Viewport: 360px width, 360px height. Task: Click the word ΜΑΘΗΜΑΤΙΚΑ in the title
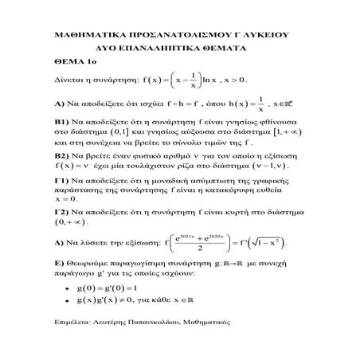pos(86,36)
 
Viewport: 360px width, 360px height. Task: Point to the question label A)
pos(60,104)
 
